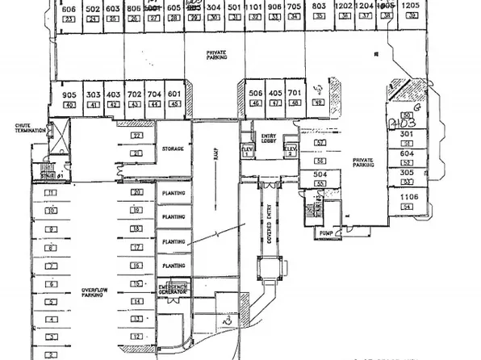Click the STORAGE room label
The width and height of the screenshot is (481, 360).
[x=173, y=149]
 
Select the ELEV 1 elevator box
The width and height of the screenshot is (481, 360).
[x=247, y=151]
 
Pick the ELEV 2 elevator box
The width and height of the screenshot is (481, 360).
[x=291, y=151]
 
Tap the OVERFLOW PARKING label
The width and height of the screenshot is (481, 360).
[x=94, y=293]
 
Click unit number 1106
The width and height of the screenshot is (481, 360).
[x=406, y=197]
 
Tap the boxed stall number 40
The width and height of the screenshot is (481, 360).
[x=69, y=105]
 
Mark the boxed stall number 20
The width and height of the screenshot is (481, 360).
[x=138, y=192]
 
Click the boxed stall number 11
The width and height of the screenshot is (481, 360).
[x=50, y=193]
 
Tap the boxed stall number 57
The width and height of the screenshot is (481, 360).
[x=320, y=142]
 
